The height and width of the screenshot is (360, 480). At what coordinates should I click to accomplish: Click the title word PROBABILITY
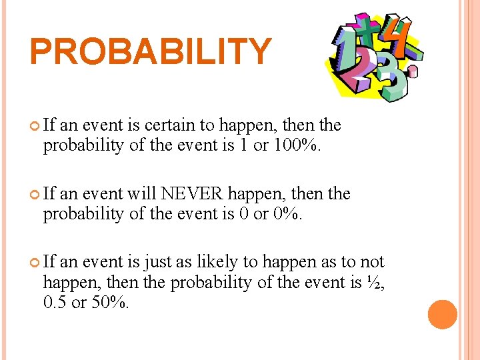click(151, 52)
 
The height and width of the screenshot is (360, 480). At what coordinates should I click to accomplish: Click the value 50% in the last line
click(110, 303)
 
